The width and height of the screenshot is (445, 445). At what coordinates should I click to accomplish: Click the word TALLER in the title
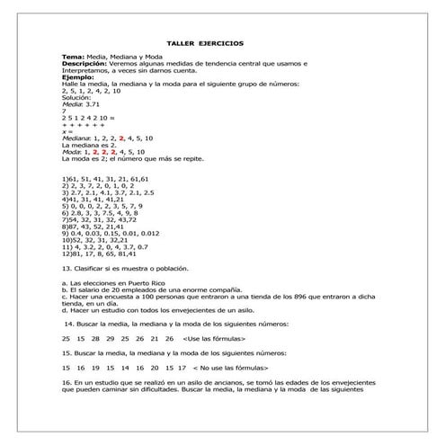click(x=182, y=42)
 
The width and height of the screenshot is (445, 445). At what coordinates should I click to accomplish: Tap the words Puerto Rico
click(x=138, y=282)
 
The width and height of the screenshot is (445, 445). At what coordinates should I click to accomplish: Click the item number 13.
click(x=66, y=268)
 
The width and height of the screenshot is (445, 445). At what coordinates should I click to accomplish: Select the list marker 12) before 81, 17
click(x=67, y=254)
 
